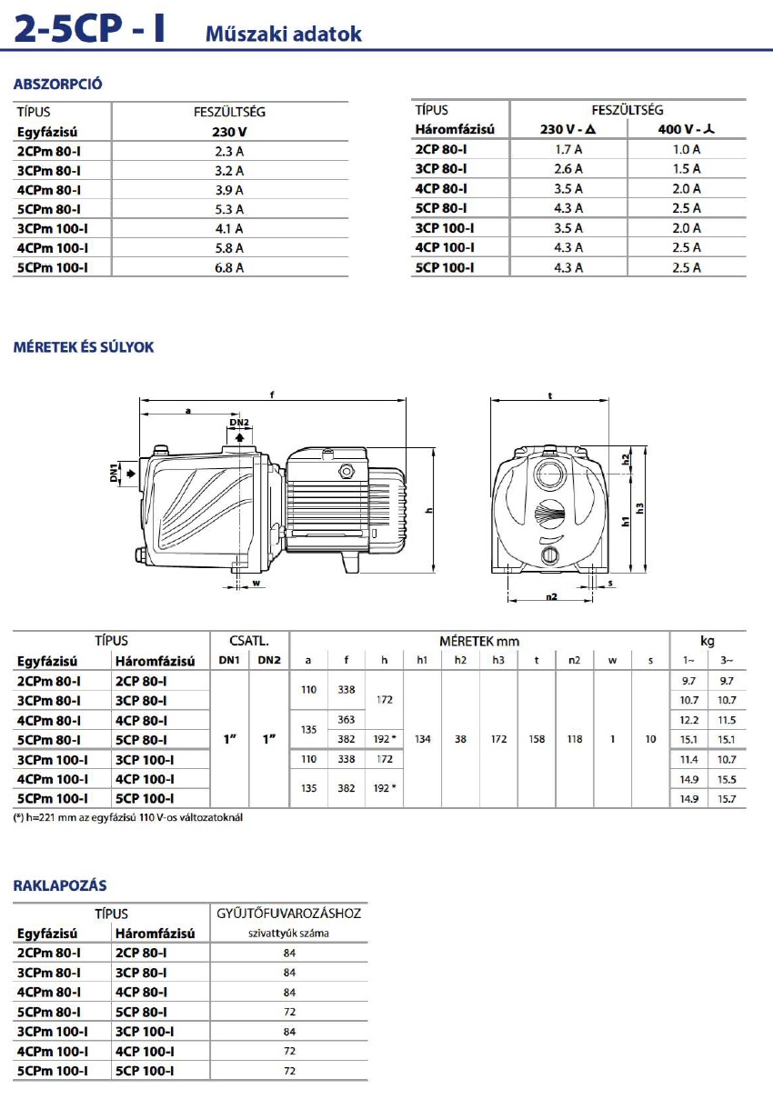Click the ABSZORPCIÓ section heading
coord(57,85)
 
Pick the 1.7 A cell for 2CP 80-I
coord(568,148)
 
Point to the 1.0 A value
coord(686,148)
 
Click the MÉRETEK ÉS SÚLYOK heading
coord(83,347)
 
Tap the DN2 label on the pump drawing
coord(239,423)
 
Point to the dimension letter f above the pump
coord(273,395)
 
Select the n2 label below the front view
coord(551,597)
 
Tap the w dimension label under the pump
coord(256,582)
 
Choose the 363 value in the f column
coord(346,719)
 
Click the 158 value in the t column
coord(537,739)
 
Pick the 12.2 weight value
coord(688,719)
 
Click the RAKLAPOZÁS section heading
coord(59,884)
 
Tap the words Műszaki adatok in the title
coord(284,34)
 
